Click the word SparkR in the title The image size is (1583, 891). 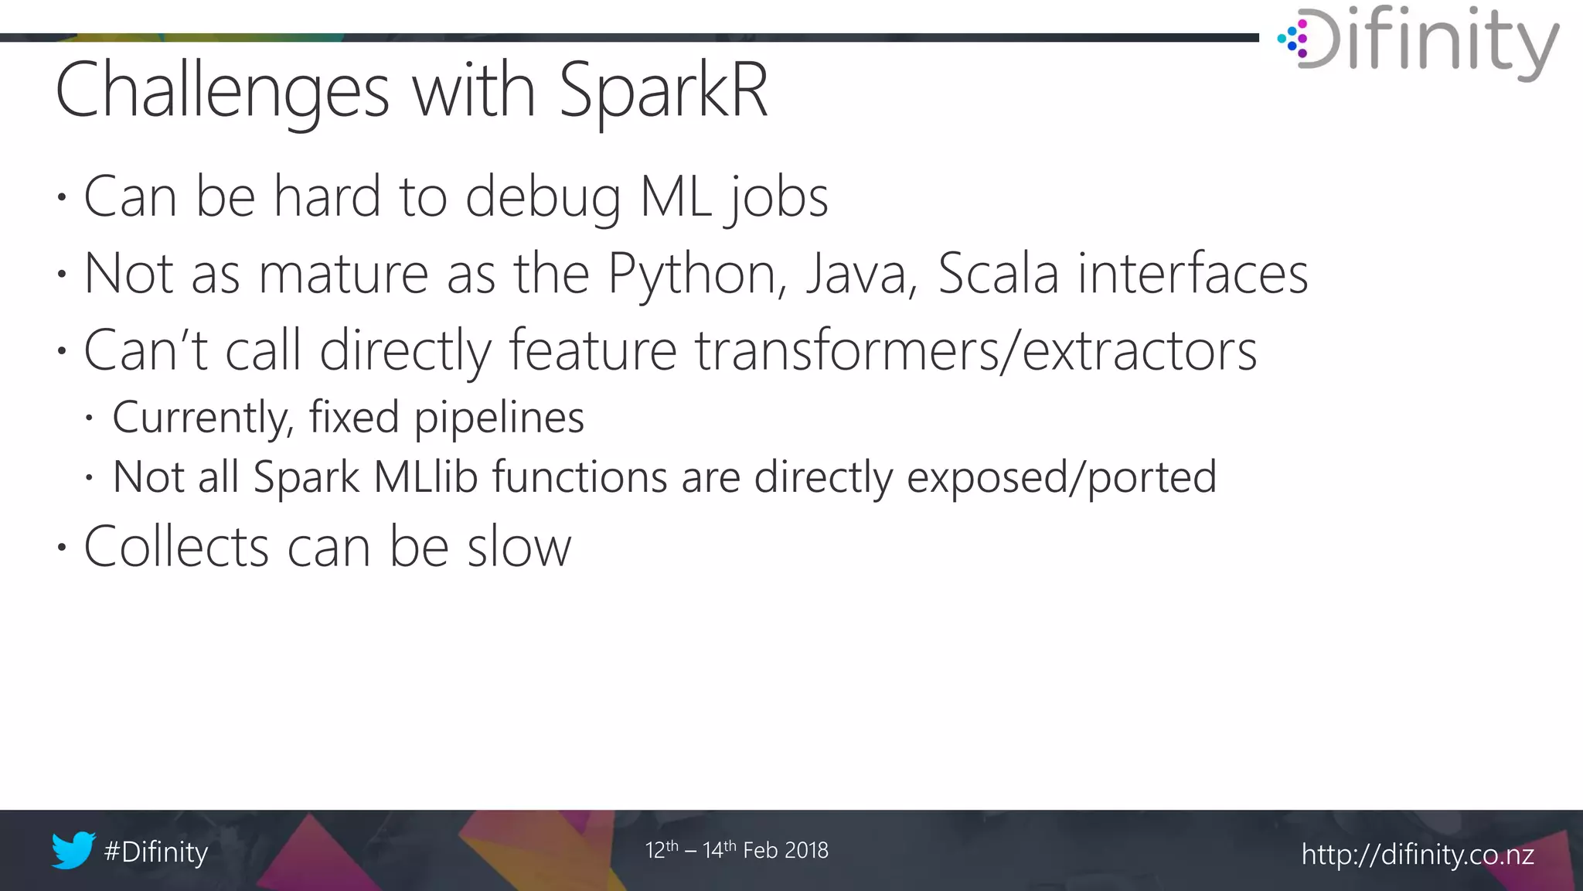(x=663, y=91)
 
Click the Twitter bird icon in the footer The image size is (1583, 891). (x=73, y=850)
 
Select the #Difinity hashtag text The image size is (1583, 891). (x=156, y=852)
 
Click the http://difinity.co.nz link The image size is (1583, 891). (x=1418, y=855)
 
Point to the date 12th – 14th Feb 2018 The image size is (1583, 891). (x=737, y=850)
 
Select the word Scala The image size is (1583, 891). (x=998, y=274)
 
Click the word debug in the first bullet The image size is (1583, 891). (x=543, y=198)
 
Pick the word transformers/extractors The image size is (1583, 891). (x=975, y=351)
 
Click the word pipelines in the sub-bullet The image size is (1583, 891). (x=499, y=418)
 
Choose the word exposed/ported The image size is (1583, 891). (x=1061, y=478)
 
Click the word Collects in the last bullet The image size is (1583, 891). (x=176, y=547)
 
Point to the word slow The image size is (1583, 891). (x=519, y=547)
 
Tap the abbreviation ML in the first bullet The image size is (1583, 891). (x=676, y=196)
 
